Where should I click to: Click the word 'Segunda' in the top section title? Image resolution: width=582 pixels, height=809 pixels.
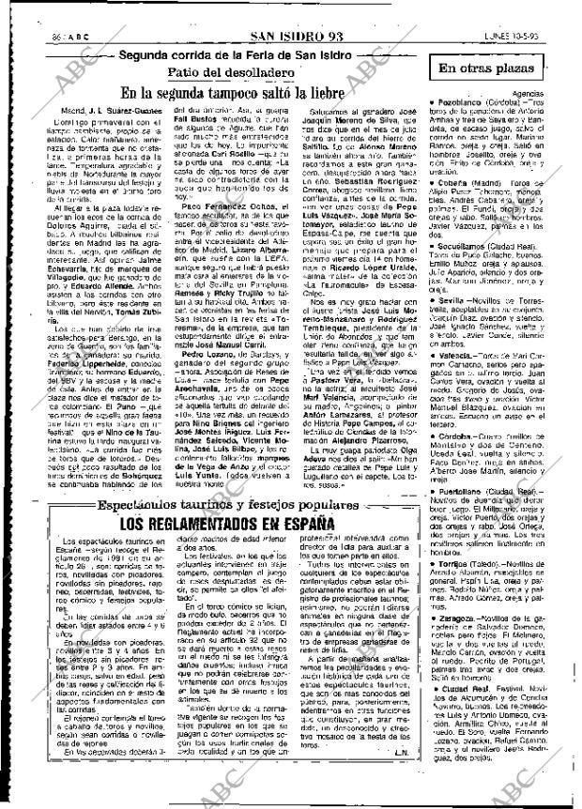tap(150, 54)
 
